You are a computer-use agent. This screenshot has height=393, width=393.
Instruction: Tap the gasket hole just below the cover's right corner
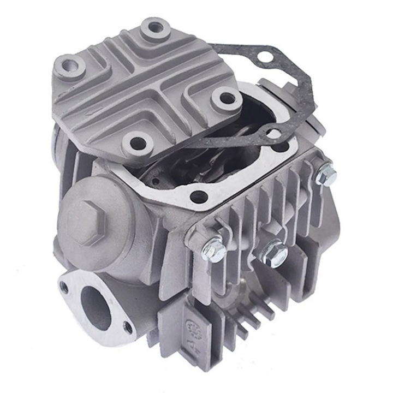[275, 134]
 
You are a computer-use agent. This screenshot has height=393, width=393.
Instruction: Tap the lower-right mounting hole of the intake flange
[128, 327]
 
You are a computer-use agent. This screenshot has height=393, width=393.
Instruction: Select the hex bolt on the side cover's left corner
[213, 250]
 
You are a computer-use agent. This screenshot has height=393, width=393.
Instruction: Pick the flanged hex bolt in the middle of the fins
[272, 252]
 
